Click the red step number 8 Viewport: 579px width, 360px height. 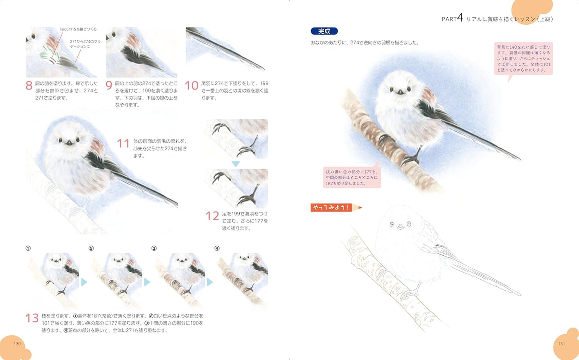29,85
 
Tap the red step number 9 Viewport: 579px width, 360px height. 109,85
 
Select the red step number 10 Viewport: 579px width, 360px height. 191,85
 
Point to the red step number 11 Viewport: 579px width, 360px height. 123,143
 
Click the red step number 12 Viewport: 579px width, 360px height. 212,216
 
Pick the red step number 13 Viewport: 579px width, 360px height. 32,318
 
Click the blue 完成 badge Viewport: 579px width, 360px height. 324,31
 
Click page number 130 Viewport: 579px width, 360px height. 17,344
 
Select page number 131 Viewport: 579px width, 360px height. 562,344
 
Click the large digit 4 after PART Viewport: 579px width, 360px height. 460,18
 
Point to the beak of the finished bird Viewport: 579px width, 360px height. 400,92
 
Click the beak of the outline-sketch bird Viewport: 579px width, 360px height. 400,227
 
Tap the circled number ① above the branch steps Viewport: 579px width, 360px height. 28,248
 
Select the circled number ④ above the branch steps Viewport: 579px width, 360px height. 217,248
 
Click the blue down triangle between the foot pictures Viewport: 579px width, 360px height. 236,164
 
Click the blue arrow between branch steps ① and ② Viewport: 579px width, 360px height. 84,282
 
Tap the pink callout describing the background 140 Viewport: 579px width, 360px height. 523,58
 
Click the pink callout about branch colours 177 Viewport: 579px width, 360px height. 352,178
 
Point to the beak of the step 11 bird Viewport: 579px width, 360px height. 69,143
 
